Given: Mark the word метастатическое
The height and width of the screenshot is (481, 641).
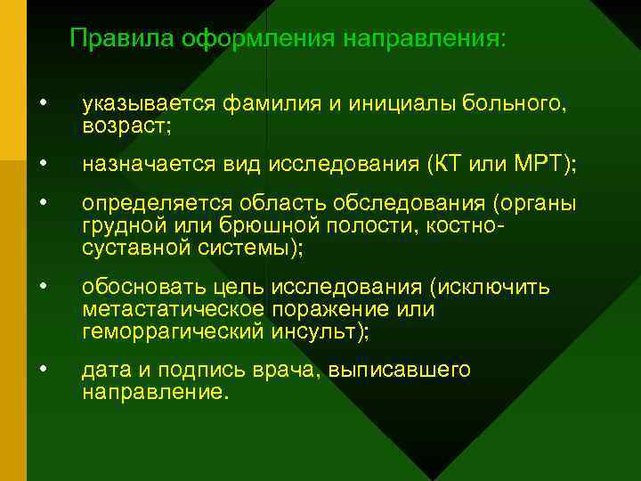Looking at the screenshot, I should pyautogui.click(x=172, y=309).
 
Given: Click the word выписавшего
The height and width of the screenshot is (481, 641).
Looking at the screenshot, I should pyautogui.click(x=411, y=371).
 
